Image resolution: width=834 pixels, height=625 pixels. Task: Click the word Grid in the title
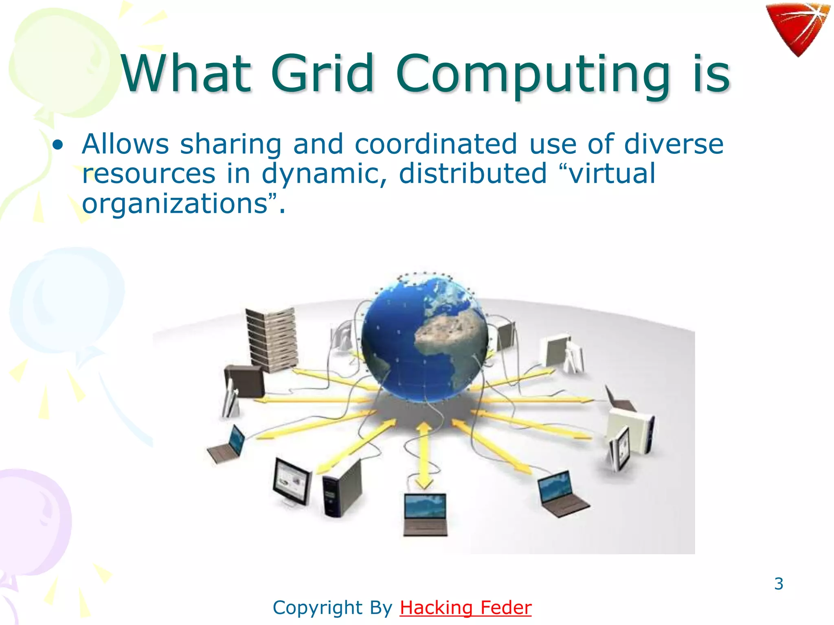(x=322, y=74)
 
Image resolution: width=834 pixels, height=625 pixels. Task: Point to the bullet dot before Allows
(x=58, y=145)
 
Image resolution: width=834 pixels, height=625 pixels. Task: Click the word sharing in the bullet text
(x=230, y=145)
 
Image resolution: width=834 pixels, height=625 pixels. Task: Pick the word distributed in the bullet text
(x=472, y=173)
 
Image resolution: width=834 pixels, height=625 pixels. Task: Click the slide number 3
(x=779, y=583)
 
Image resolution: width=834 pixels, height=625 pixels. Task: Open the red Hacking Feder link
(x=465, y=608)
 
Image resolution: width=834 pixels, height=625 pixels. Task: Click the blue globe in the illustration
(x=425, y=338)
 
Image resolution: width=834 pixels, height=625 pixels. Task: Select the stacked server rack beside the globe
(x=272, y=340)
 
